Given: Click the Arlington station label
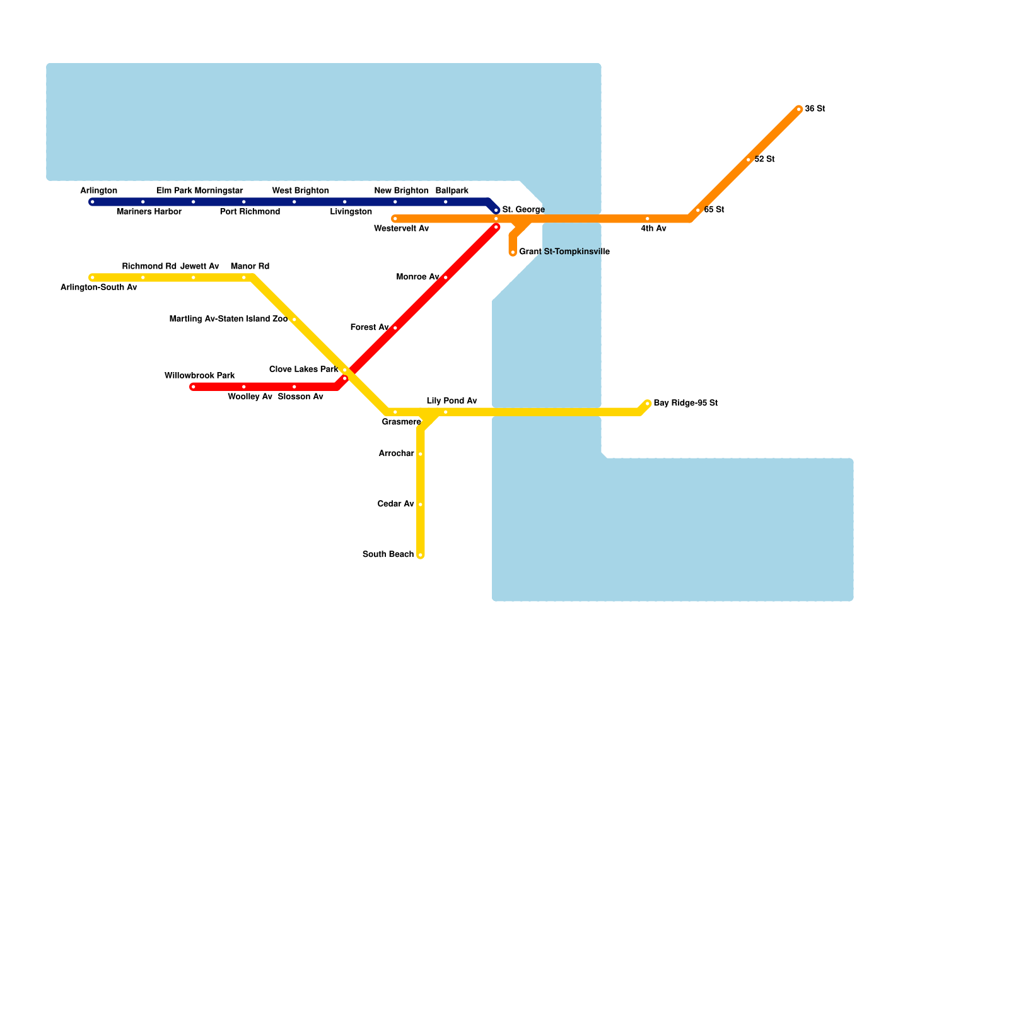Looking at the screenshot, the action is [x=98, y=191].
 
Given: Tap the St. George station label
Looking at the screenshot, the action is [x=523, y=210].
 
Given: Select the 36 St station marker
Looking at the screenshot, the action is [x=799, y=110].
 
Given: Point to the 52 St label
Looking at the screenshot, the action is [x=764, y=160].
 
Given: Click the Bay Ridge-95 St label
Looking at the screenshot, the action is [x=685, y=403].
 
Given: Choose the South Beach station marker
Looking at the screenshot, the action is [x=421, y=555].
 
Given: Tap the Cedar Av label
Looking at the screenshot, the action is [x=395, y=504].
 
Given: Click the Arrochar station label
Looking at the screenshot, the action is [x=396, y=453].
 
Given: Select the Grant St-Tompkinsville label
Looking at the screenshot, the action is [x=564, y=252].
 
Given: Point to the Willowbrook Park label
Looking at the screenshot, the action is [x=199, y=376].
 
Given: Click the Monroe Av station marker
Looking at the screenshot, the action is [x=446, y=277].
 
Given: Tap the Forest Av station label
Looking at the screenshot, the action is [x=369, y=327].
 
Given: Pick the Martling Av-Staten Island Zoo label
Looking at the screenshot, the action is [x=228, y=319].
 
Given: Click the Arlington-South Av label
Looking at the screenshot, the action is [x=98, y=288].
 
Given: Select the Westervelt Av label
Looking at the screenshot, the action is [x=401, y=229].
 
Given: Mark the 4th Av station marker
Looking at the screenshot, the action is [x=648, y=219].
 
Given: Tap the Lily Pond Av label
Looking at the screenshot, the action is [x=452, y=401].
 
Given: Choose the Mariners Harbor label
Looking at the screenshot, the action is [x=149, y=212].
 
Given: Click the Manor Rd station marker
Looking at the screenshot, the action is [x=244, y=277].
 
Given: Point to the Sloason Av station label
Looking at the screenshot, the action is [x=300, y=397].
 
